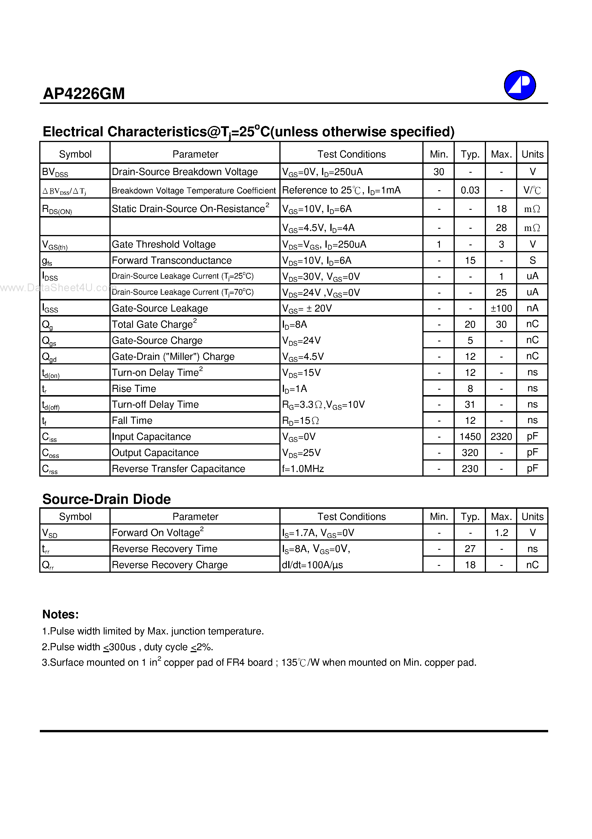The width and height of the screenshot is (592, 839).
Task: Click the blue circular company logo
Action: pos(520,85)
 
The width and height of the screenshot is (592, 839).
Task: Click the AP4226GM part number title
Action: pos(84,94)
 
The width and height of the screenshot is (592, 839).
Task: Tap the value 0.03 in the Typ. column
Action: pos(470,190)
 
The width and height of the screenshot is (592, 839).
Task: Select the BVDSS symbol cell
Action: pos(55,172)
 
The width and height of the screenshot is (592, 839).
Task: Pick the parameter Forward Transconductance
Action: pos(172,260)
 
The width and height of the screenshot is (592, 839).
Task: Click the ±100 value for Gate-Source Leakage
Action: pos(501,308)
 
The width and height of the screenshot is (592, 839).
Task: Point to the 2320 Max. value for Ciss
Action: pos(501,436)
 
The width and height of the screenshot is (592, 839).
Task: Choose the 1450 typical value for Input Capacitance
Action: pos(470,436)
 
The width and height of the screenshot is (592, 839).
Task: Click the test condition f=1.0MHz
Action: pos(303,469)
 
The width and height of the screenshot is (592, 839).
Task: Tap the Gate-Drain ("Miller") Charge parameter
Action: pos(173,356)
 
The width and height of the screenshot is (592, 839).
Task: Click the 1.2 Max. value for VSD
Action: pos(501,533)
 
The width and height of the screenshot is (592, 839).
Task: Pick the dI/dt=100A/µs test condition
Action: pos(312,565)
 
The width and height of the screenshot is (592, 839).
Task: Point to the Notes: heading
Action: pos(60,615)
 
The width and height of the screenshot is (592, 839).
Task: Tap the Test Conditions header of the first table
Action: pos(351,154)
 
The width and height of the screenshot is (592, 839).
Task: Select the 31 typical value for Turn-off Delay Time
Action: pos(470,405)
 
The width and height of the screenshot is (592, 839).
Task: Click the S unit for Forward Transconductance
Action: pos(532,260)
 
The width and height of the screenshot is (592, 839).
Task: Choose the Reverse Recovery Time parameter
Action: pos(164,549)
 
